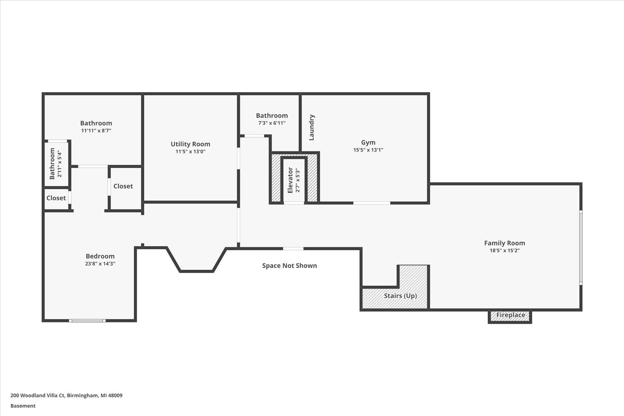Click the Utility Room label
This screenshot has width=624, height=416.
(x=190, y=144)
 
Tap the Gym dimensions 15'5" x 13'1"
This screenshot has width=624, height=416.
(x=368, y=150)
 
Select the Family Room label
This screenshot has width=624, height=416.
(x=504, y=243)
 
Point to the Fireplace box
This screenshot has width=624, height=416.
(x=510, y=315)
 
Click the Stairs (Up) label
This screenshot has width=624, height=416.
(x=400, y=296)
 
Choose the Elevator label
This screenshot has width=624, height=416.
(x=290, y=180)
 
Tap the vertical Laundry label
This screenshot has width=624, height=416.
(x=312, y=127)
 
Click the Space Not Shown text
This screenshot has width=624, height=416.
(x=289, y=266)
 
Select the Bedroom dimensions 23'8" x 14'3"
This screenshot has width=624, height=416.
(x=100, y=263)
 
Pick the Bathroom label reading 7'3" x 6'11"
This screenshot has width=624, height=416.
(x=272, y=115)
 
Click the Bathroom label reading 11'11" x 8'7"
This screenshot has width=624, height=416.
(x=96, y=123)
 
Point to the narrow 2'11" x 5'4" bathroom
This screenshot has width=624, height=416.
(x=56, y=163)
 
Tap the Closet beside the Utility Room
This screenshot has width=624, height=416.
(x=123, y=186)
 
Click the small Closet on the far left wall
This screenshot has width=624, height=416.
(x=56, y=198)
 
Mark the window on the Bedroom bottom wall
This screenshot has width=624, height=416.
(x=87, y=321)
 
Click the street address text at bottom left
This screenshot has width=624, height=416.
(x=66, y=395)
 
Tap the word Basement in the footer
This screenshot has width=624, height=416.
(x=23, y=406)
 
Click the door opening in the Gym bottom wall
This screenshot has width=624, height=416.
(x=372, y=203)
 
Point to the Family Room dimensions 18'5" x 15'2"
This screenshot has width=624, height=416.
(x=504, y=251)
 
